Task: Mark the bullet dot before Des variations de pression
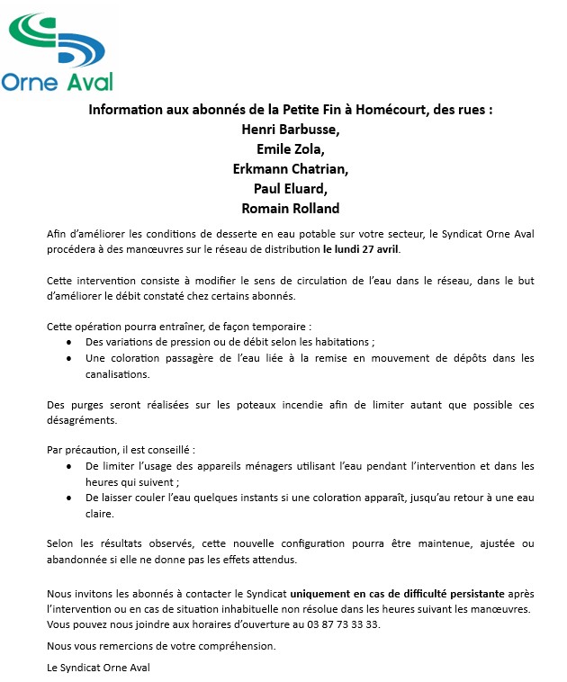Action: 70,343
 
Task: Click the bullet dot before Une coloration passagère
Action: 70,358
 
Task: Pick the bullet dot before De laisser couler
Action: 70,498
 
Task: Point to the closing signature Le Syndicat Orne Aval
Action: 99,667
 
